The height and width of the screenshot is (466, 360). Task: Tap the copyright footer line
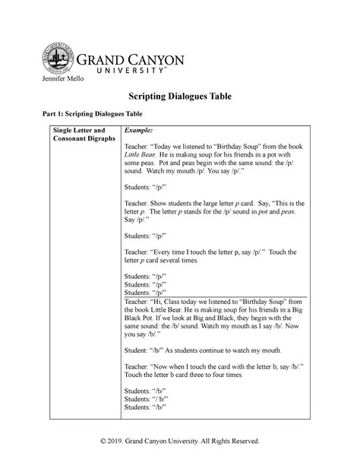click(x=178, y=441)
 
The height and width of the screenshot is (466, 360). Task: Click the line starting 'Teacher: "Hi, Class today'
click(x=213, y=302)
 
